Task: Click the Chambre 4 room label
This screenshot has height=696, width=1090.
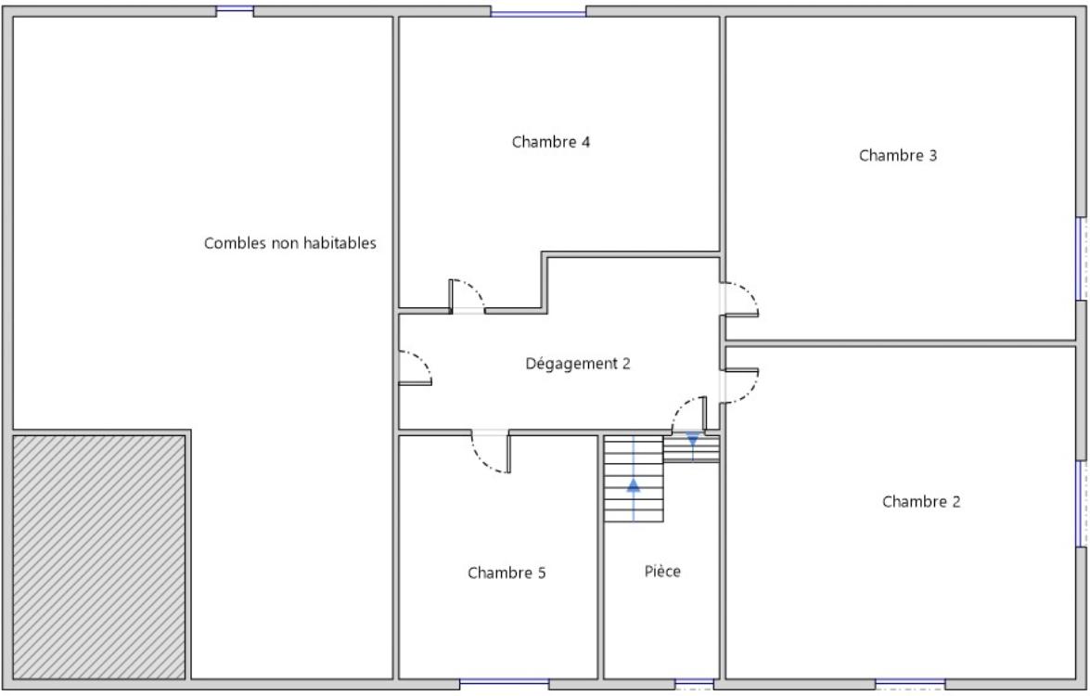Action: click(550, 142)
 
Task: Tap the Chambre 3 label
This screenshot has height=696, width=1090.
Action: click(897, 155)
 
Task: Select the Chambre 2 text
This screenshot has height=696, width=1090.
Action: click(921, 501)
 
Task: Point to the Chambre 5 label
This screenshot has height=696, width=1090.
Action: click(507, 573)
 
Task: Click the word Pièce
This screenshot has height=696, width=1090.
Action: click(661, 571)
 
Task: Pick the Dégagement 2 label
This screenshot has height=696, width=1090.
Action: click(578, 364)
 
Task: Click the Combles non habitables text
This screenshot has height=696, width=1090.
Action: click(289, 242)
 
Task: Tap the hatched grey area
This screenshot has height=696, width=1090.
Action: click(98, 557)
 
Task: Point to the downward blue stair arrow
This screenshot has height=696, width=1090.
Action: click(692, 445)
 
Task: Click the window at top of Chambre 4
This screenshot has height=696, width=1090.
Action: click(538, 12)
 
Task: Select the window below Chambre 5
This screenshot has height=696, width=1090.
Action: click(504, 684)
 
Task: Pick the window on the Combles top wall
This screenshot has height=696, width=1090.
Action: click(235, 9)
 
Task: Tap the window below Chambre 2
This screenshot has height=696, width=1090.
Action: click(910, 684)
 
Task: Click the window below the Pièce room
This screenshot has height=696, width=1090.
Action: click(695, 684)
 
